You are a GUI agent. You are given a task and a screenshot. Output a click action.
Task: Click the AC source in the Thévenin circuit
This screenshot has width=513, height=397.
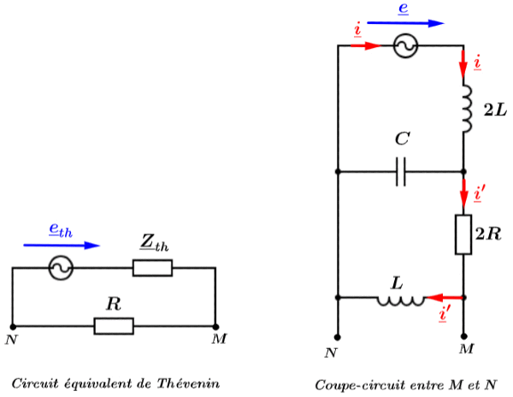61,269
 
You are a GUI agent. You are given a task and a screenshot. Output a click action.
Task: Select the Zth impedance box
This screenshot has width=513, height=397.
152,269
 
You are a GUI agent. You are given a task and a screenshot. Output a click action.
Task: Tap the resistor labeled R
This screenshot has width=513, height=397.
114,326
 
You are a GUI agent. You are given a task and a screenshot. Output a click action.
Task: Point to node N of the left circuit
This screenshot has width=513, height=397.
13,326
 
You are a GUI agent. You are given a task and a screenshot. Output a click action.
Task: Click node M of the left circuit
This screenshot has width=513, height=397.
215,326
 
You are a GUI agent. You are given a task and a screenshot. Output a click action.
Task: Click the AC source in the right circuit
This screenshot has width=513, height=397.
404,47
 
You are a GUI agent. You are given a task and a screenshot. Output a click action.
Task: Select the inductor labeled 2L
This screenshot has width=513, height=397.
464,108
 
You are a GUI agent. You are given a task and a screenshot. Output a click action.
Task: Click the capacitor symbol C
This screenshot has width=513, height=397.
401,173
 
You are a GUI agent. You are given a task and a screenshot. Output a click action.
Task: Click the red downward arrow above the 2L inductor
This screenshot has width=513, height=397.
463,63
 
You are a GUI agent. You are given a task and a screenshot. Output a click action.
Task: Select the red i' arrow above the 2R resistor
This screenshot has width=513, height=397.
463,194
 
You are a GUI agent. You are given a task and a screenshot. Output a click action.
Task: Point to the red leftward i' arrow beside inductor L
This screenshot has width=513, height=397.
441,299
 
